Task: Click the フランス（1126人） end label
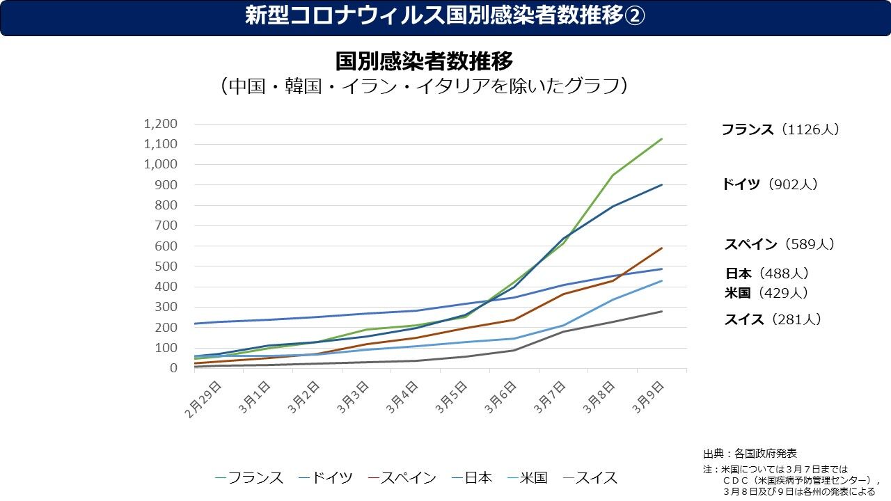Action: tap(780, 129)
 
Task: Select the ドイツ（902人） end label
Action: tap(769, 184)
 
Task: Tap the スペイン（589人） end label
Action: tap(779, 244)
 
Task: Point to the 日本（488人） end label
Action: tap(767, 273)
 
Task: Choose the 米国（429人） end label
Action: tap(766, 293)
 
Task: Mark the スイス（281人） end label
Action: tap(773, 319)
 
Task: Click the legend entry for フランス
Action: tap(250, 478)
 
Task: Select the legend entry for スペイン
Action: tap(402, 478)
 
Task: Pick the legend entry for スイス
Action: tap(590, 478)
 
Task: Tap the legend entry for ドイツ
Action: tap(326, 478)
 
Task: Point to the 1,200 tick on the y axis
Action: tap(160, 124)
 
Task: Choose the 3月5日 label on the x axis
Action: tap(452, 397)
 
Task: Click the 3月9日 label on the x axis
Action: tap(649, 397)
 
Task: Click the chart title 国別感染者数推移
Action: tap(424, 61)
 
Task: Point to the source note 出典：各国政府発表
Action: tap(750, 453)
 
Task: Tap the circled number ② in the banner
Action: tap(633, 16)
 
